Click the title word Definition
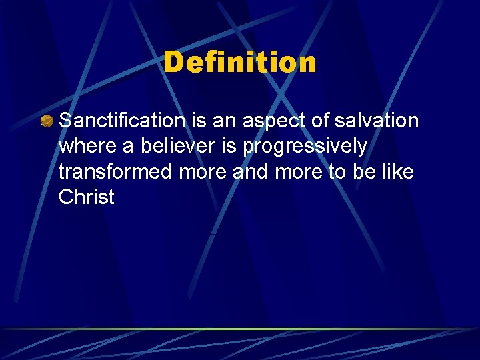coord(240,63)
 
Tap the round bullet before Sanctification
coord(47,121)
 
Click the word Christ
coord(87,197)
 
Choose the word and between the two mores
coord(248,171)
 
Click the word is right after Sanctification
coord(197,121)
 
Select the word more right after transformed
coord(203,173)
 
